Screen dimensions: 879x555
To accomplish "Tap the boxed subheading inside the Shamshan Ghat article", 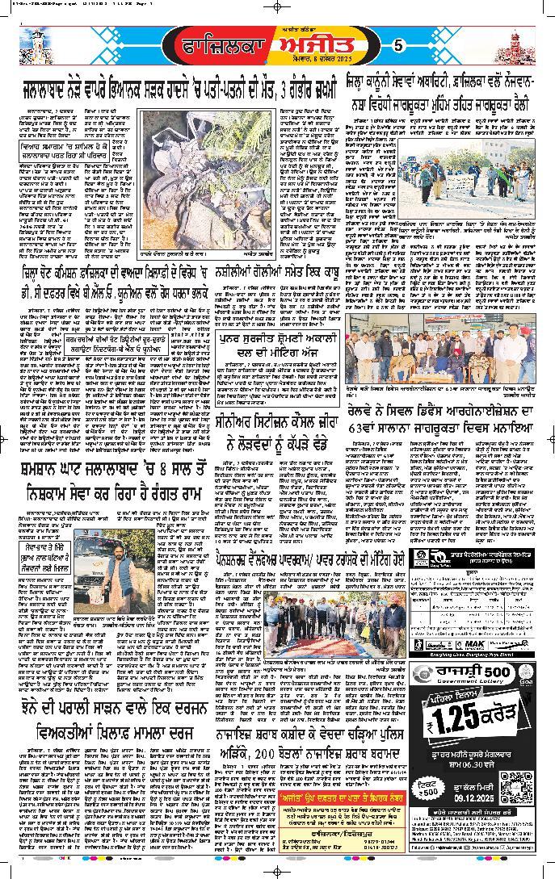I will tap(46, 534).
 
